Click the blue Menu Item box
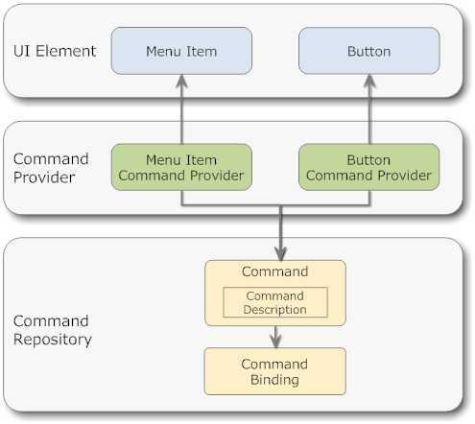click(x=181, y=51)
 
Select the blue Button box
click(x=369, y=51)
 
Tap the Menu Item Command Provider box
click(x=181, y=167)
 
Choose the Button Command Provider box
click(x=369, y=167)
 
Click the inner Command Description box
click(x=275, y=302)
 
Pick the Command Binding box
click(x=275, y=371)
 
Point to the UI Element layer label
click(x=55, y=51)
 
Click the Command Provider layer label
click(x=51, y=168)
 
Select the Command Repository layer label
click(x=53, y=330)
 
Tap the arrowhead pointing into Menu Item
click(x=181, y=81)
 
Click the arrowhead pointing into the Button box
click(x=369, y=81)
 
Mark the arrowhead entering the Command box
click(x=280, y=254)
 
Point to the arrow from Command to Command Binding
click(x=275, y=337)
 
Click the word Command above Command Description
click(x=275, y=271)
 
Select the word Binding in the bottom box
click(x=274, y=380)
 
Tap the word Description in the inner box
click(x=275, y=310)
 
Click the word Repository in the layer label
click(x=53, y=340)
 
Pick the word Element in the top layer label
click(x=65, y=51)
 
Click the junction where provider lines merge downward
click(x=280, y=205)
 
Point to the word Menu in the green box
click(x=161, y=160)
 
